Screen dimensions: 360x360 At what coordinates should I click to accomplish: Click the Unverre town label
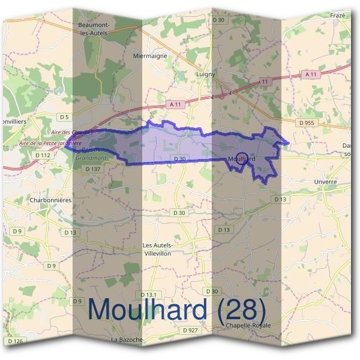point(326,181)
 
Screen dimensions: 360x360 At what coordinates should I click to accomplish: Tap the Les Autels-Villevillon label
point(158,249)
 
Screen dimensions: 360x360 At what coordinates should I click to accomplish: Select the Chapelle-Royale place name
point(249,325)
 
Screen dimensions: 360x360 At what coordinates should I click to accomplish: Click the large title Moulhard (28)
point(176,309)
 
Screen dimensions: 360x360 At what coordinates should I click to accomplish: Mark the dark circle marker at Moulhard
point(241,159)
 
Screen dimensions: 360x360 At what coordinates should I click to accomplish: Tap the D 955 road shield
point(306,122)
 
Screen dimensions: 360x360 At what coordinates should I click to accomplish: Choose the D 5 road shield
point(64,116)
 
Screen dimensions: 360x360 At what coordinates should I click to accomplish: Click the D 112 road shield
point(43,155)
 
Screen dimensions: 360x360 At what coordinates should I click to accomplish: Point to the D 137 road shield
point(92,169)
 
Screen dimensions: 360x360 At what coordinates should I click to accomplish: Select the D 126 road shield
point(16,341)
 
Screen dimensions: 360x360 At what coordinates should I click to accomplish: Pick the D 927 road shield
point(190,330)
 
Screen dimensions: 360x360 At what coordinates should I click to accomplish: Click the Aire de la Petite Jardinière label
point(50,143)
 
